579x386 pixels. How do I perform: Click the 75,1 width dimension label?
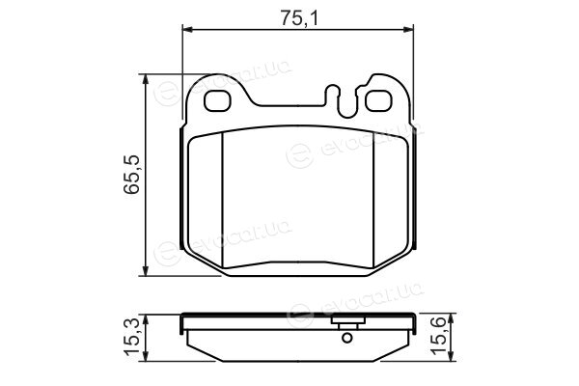[x=298, y=17]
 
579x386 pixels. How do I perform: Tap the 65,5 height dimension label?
[x=132, y=174]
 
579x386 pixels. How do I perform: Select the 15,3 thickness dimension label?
[x=132, y=338]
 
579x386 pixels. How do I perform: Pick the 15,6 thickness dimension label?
[x=440, y=338]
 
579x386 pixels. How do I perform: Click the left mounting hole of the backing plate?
[x=217, y=100]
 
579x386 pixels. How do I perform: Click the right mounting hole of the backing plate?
[x=378, y=100]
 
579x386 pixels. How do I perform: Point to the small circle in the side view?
[x=346, y=337]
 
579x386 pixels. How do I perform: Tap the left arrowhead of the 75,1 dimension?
[x=188, y=29]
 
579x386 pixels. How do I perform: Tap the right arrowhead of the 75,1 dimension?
[x=408, y=29]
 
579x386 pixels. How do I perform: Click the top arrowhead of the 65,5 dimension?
[x=147, y=79]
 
